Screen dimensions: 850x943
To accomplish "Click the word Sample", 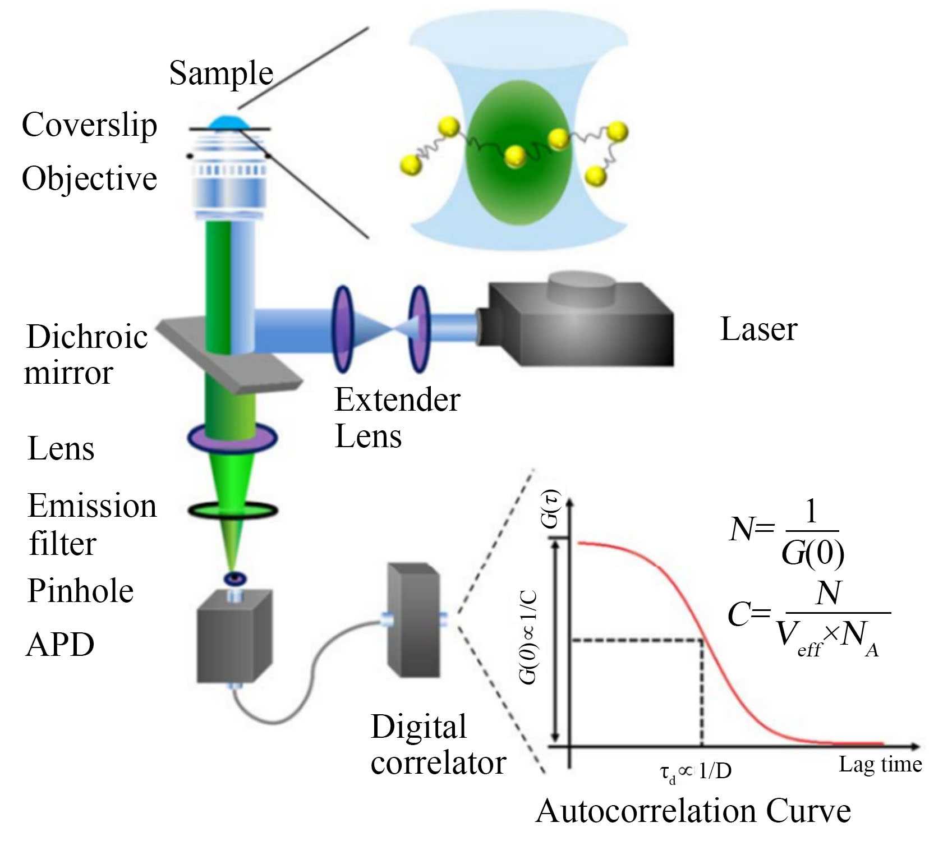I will [x=220, y=73].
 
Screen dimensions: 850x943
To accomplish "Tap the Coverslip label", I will [x=89, y=125].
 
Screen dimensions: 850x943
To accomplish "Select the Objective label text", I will [x=89, y=179].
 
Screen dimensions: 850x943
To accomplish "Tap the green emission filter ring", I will [x=232, y=510].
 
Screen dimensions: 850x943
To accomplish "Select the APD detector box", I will [x=234, y=637].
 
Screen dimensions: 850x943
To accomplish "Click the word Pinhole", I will [x=80, y=591].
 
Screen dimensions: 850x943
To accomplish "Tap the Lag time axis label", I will [x=880, y=764].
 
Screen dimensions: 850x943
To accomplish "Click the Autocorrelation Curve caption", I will [x=693, y=811].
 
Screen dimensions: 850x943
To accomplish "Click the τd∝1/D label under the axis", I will [x=696, y=772].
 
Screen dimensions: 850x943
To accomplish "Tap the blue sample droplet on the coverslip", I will [x=228, y=122].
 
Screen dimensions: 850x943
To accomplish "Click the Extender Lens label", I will [x=397, y=418].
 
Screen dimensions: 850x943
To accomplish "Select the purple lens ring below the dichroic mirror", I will [x=232, y=439].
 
